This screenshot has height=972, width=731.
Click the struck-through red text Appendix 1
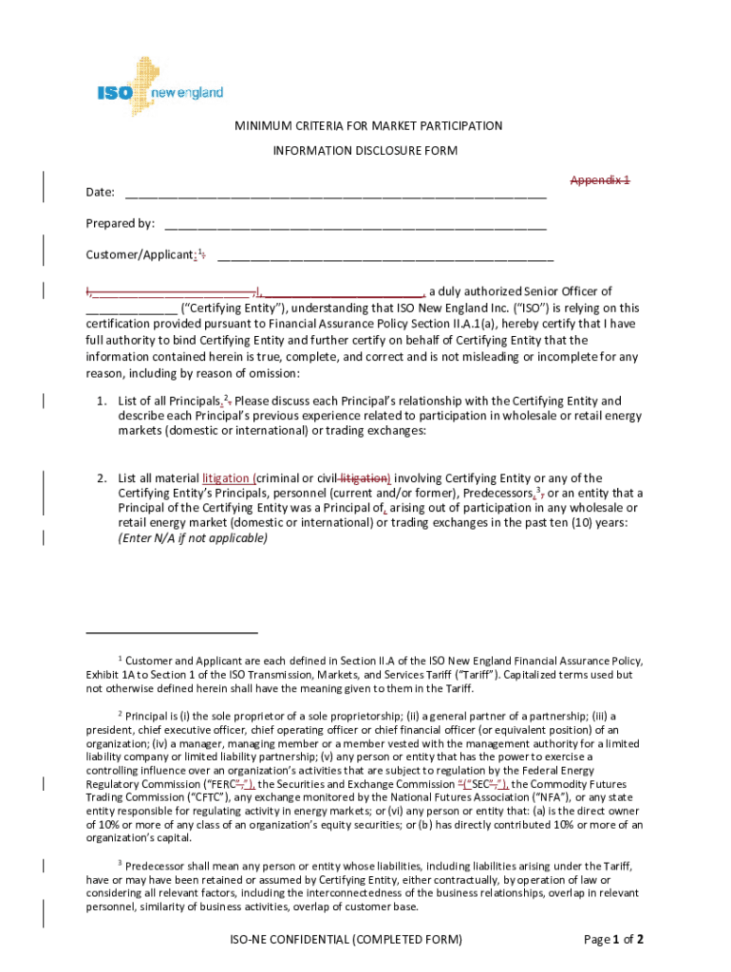point(600,180)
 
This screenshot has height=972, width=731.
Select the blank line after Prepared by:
point(355,226)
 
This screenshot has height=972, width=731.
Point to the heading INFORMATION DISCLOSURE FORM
point(365,151)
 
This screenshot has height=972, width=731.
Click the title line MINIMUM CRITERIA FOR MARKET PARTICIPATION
point(369,126)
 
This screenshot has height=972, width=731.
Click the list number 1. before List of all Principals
point(101,401)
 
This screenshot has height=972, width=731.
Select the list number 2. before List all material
point(101,478)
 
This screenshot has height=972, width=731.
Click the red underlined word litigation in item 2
point(227,478)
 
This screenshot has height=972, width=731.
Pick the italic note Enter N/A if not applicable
point(193,538)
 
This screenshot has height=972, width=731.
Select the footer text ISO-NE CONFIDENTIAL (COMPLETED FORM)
point(346,941)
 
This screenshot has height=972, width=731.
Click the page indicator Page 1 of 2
point(614,941)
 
